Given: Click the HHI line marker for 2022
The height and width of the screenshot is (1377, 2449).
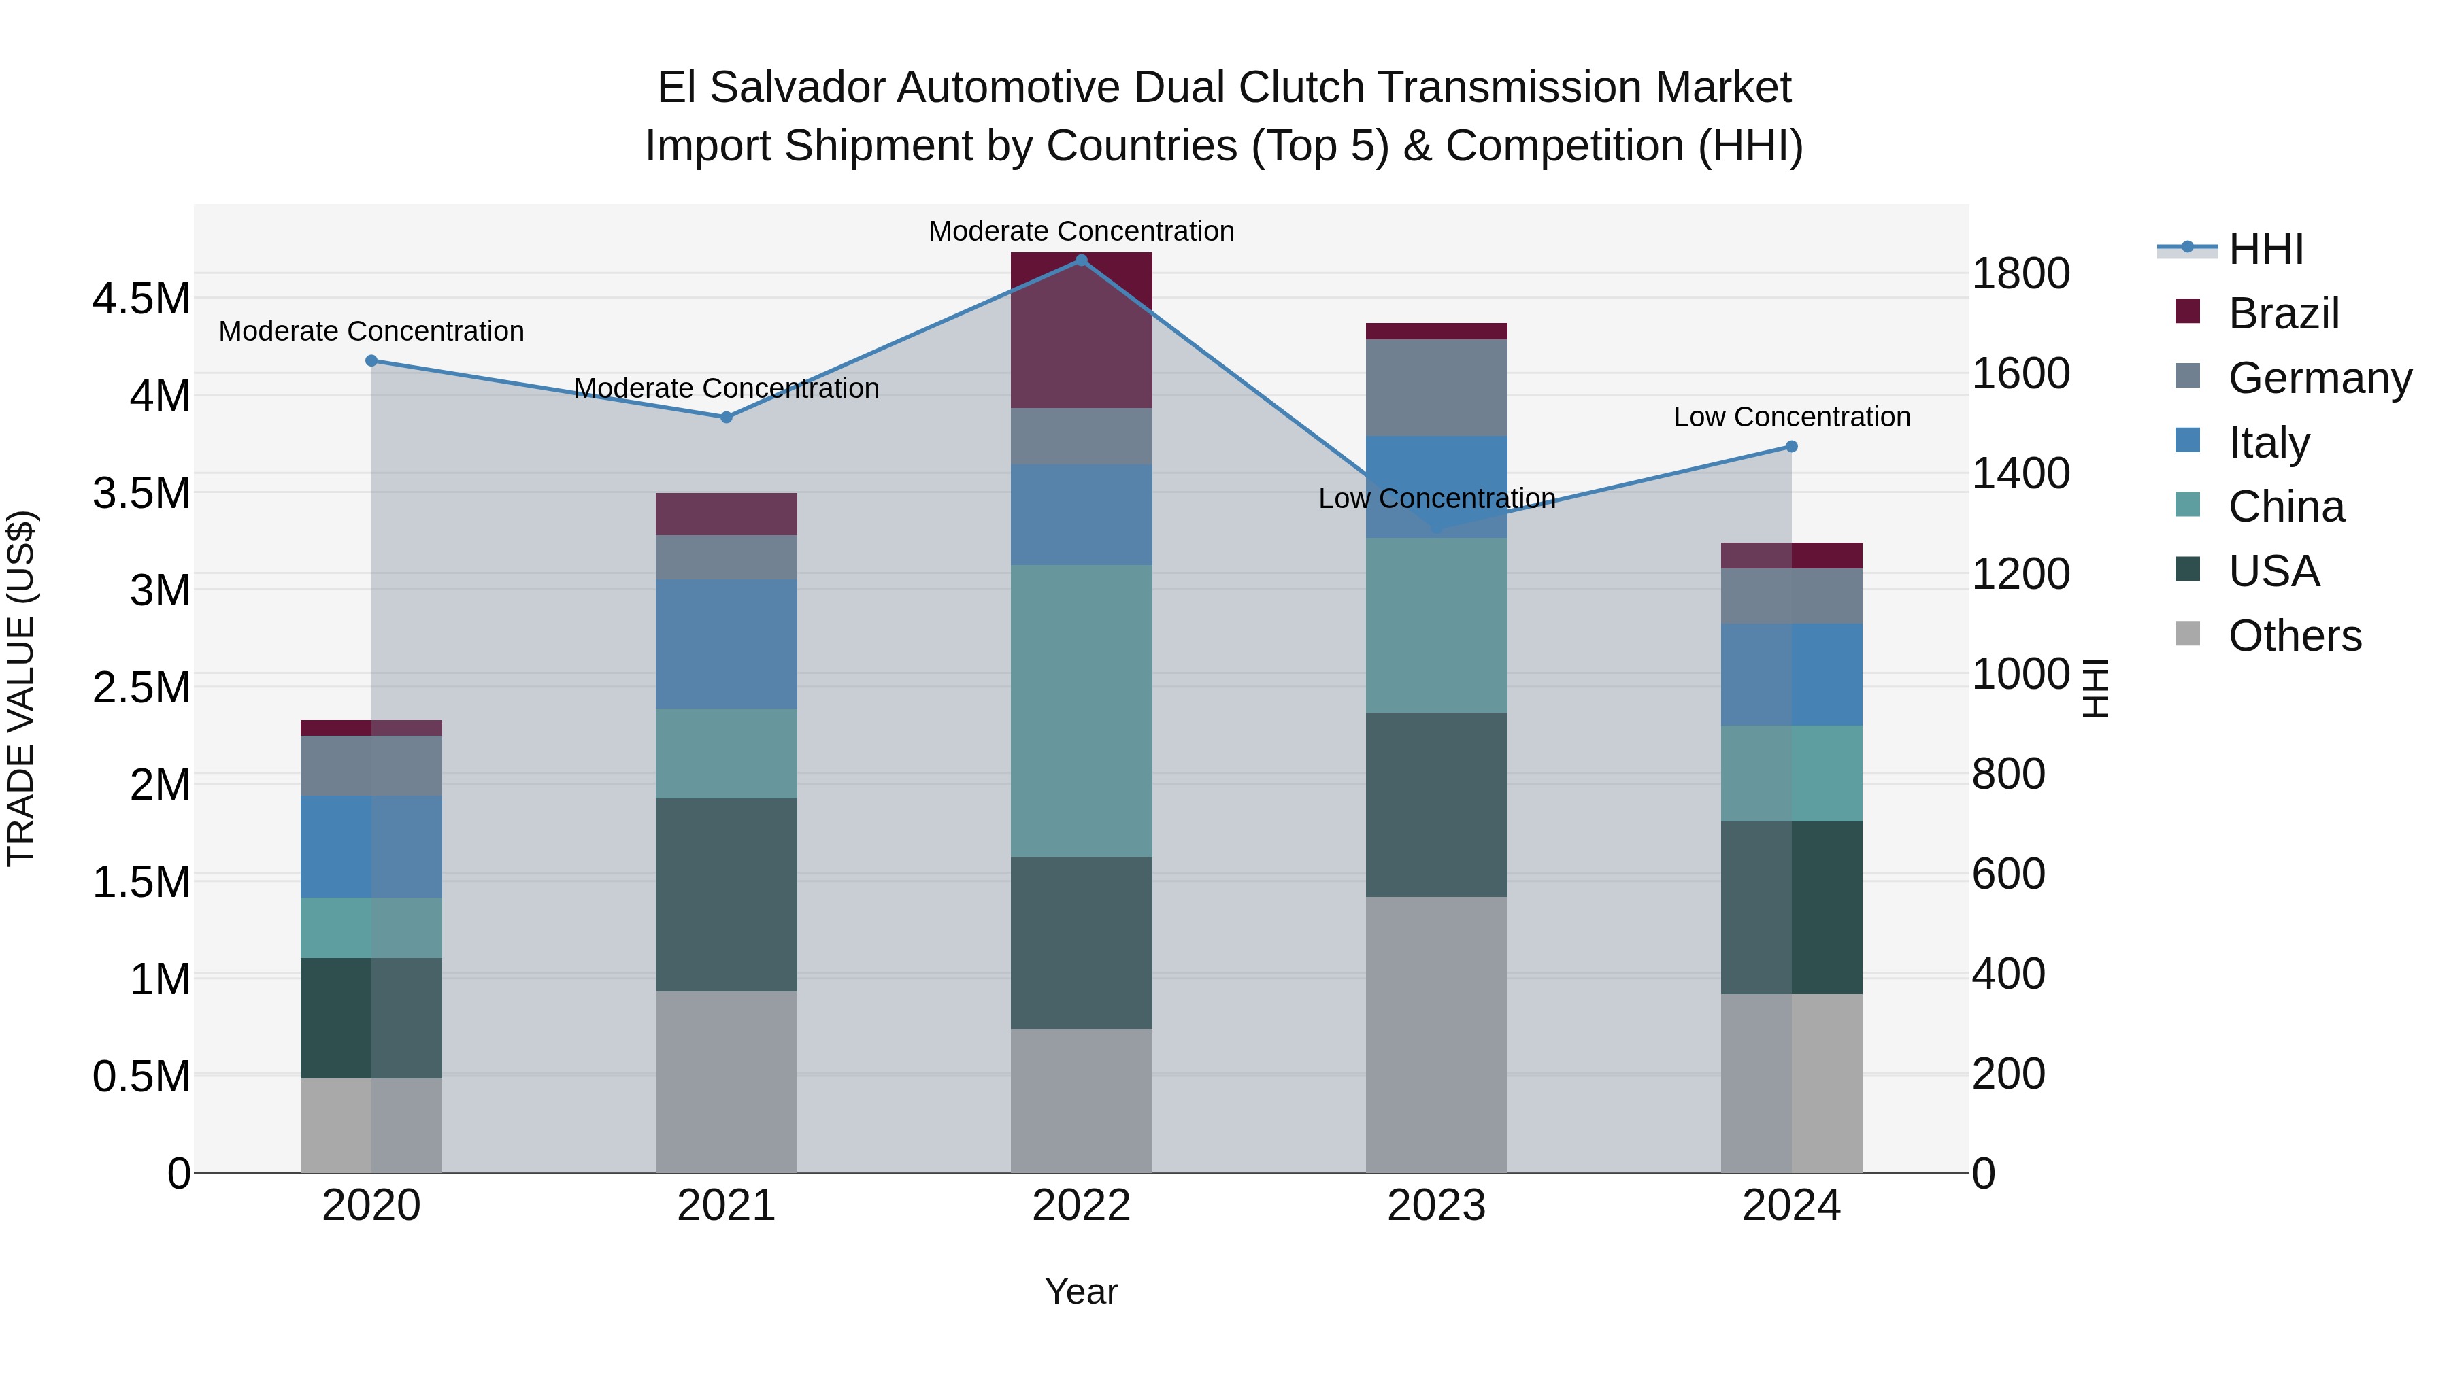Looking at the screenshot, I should (1081, 260).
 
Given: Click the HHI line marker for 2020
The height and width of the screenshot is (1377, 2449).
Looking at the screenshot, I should (371, 361).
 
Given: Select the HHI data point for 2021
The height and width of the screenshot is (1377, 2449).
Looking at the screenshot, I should (727, 418).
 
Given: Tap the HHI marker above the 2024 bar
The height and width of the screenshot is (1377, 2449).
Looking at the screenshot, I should (1791, 447).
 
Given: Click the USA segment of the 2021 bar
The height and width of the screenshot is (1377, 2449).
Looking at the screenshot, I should (727, 894).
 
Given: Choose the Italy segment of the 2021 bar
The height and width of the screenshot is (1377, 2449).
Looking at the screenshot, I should (727, 645).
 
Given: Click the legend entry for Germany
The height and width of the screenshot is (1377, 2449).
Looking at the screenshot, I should (2320, 378).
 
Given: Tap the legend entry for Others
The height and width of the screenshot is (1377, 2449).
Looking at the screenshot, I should (2294, 636).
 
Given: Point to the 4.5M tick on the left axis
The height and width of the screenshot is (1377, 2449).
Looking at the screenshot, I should (141, 299).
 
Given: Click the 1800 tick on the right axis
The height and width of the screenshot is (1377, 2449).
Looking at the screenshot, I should (2021, 273).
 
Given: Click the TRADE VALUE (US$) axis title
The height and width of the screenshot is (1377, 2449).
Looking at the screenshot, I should (22, 688).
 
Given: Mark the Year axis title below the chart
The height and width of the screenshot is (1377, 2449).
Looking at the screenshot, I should (1081, 1291).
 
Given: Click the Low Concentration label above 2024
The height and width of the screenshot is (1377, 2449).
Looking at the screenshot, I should (1791, 418).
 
